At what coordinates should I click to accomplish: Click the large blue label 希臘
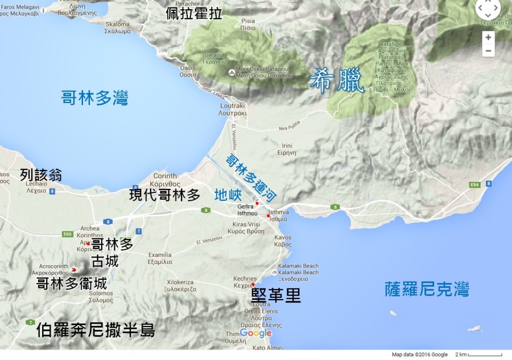pyautogui.click(x=336, y=81)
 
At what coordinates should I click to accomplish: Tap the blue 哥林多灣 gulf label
pyautogui.click(x=95, y=98)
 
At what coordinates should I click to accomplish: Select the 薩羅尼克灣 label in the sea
pyautogui.click(x=426, y=291)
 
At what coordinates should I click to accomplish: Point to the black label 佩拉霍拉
pyautogui.click(x=194, y=14)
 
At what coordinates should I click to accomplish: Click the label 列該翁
pyautogui.click(x=41, y=174)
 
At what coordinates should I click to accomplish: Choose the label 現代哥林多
pyautogui.click(x=165, y=195)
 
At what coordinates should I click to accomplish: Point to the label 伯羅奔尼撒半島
pyautogui.click(x=95, y=330)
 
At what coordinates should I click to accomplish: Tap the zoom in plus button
pyautogui.click(x=488, y=37)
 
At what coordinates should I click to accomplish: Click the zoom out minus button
pyautogui.click(x=488, y=51)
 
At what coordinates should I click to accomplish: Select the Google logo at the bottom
pyautogui.click(x=255, y=333)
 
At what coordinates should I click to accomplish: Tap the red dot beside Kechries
pyautogui.click(x=253, y=285)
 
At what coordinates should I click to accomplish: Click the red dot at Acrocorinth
pyautogui.click(x=74, y=270)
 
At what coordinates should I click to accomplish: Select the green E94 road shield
pyautogui.click(x=475, y=185)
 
